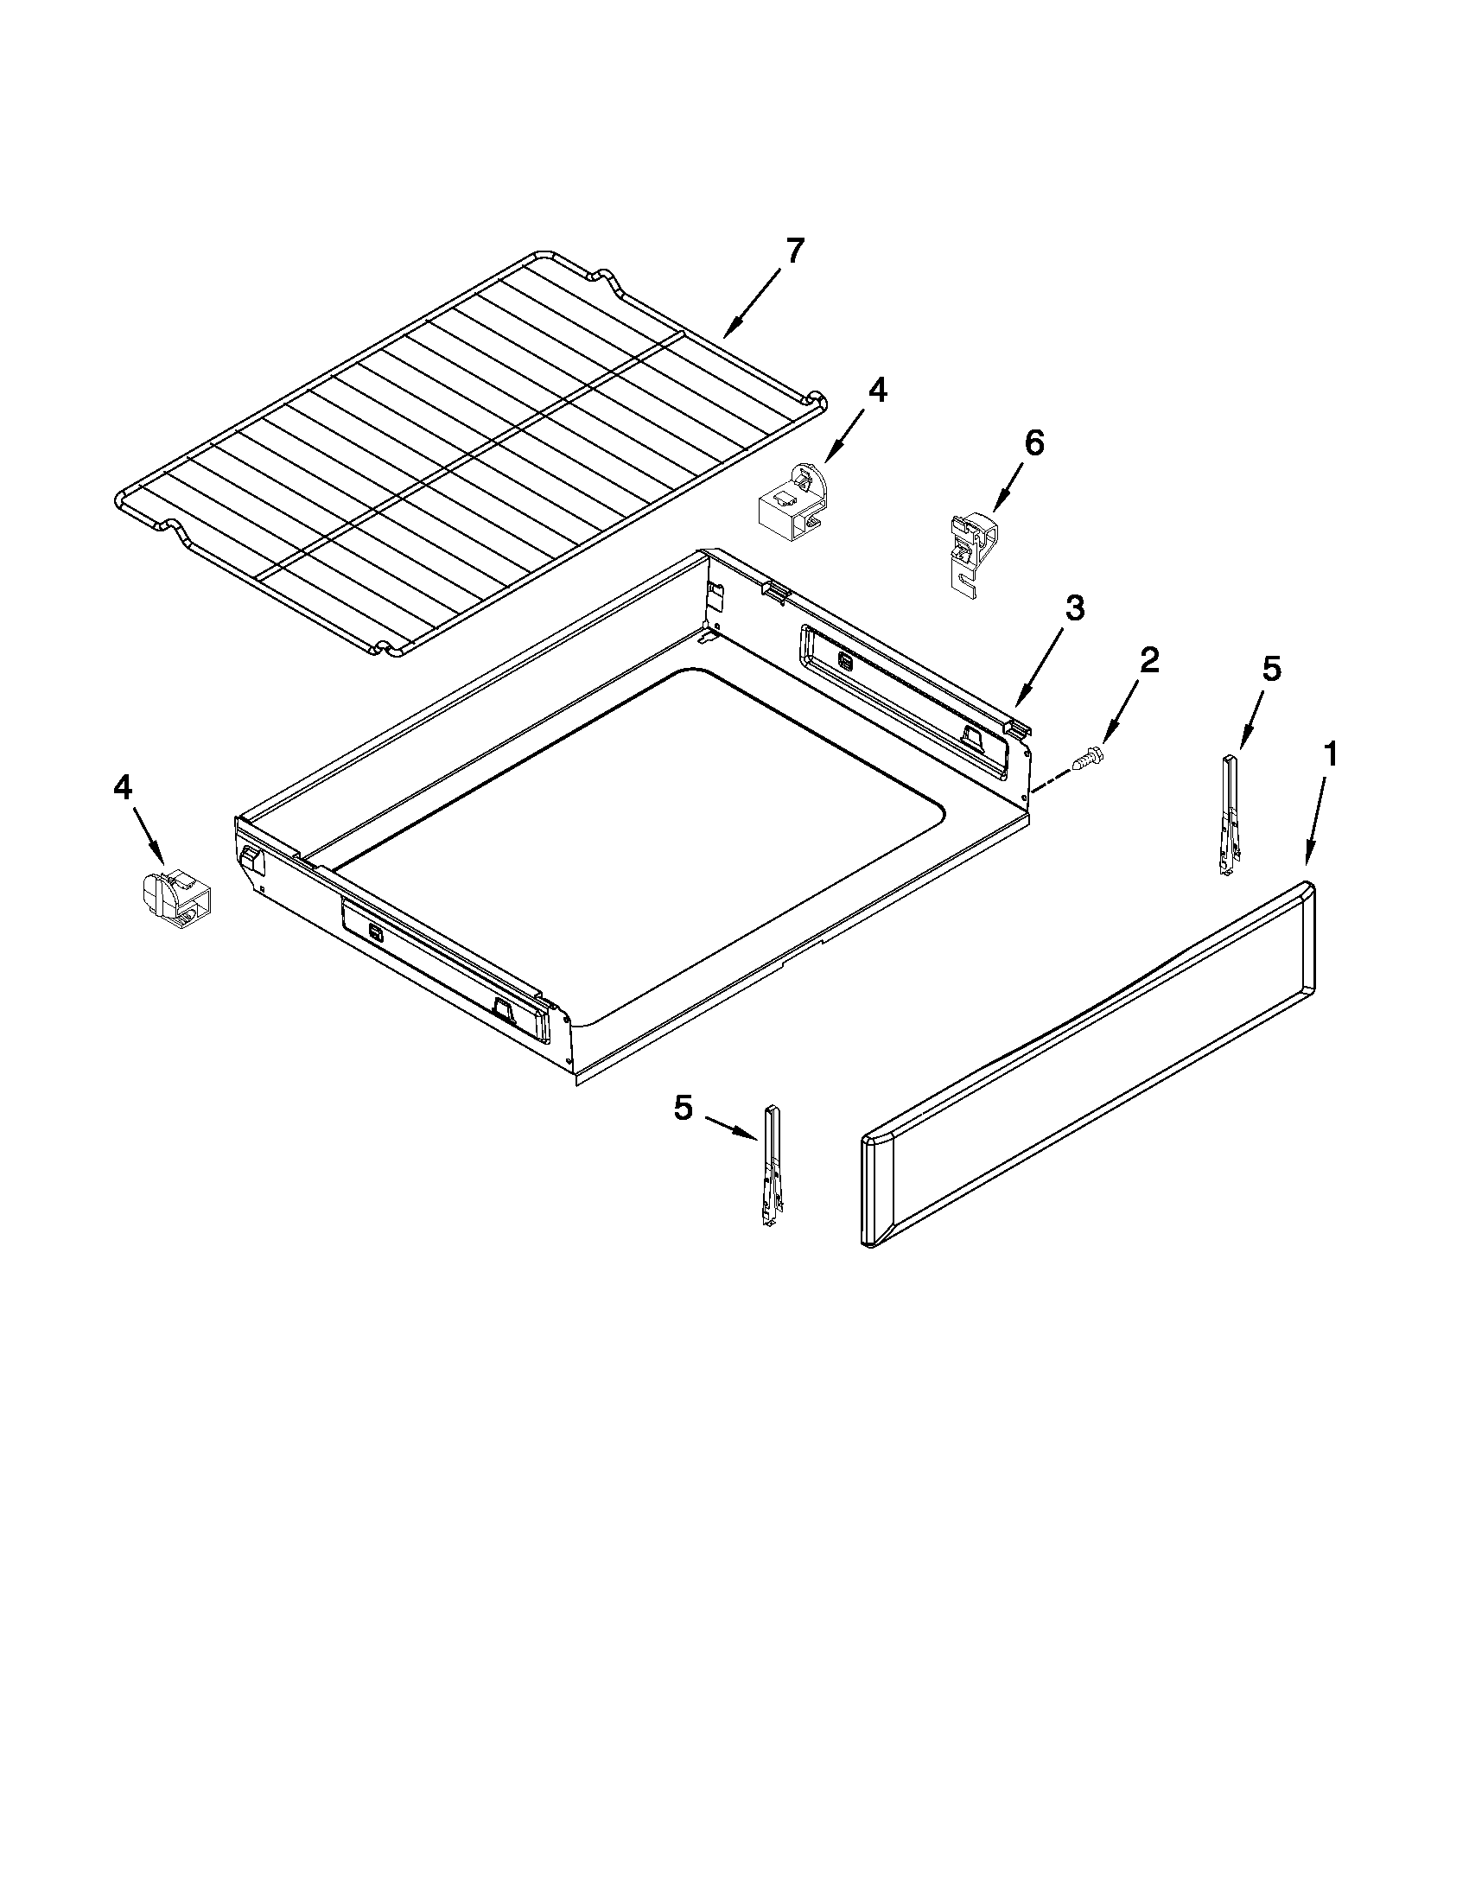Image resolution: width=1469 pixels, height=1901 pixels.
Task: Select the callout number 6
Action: tap(1033, 443)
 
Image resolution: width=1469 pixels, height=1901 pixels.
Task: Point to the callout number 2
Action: tap(1148, 661)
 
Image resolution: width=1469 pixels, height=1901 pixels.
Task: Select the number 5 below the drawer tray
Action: tap(684, 1108)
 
